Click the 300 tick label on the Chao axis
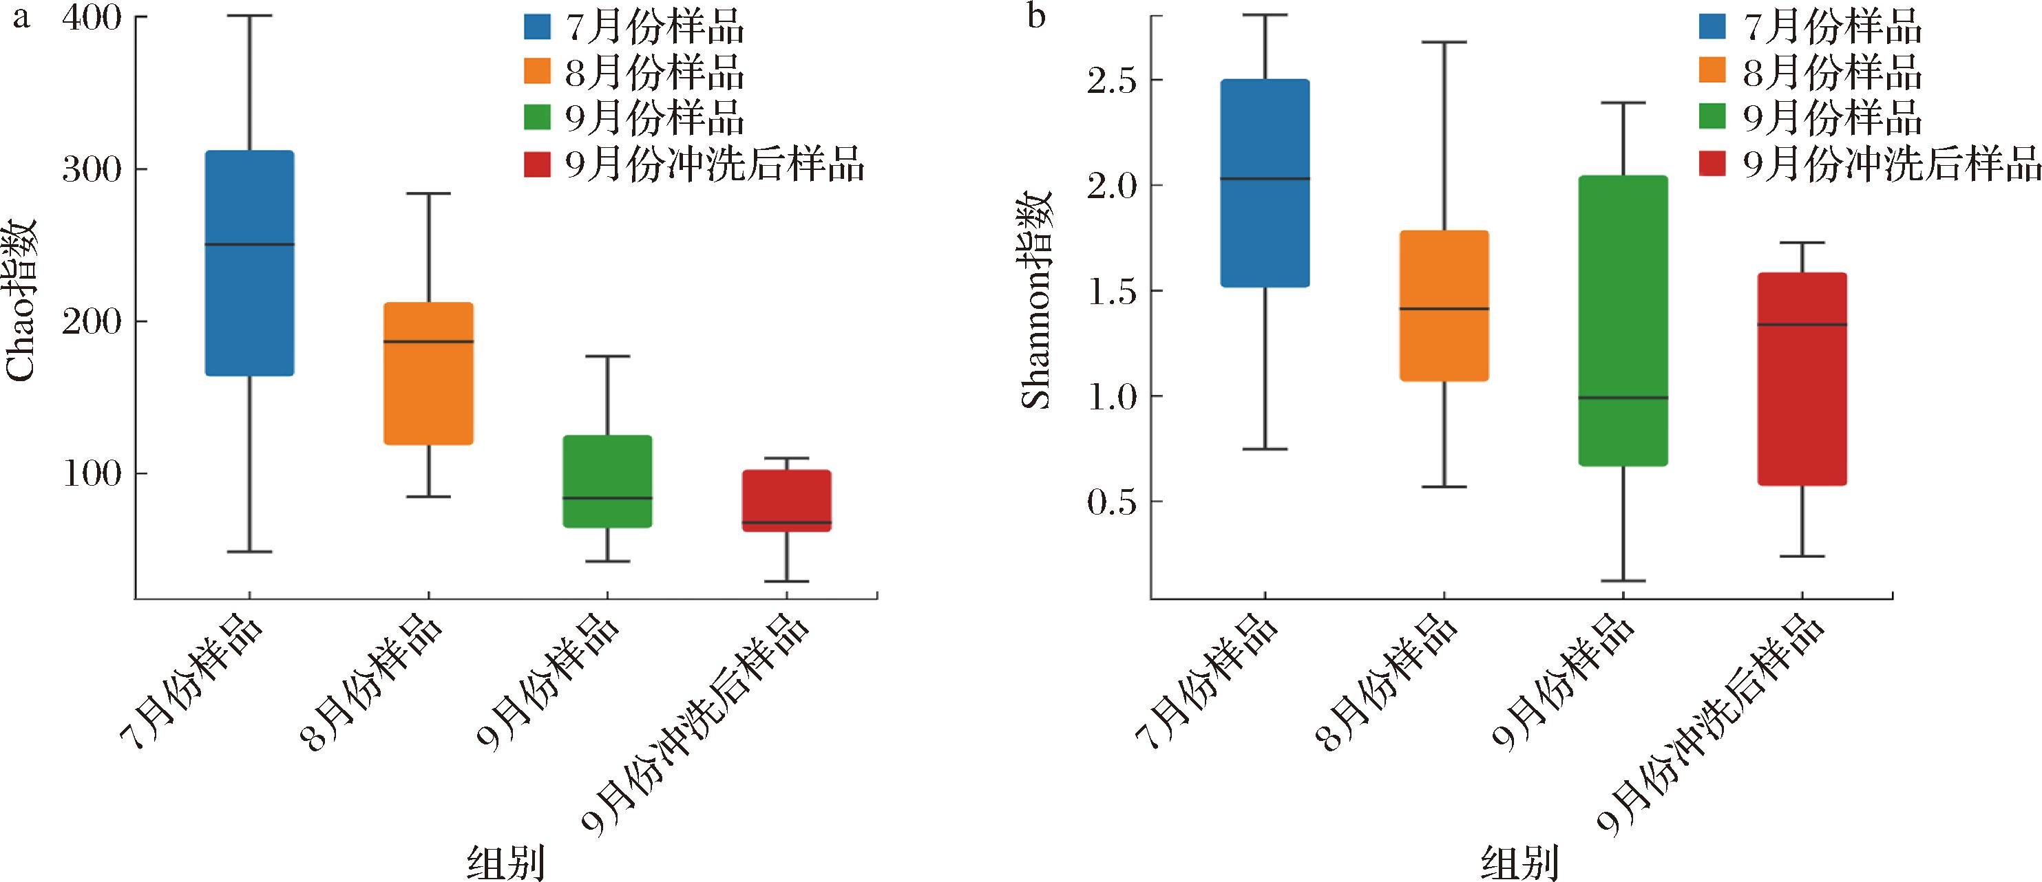click(x=92, y=169)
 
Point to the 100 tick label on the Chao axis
click(x=92, y=474)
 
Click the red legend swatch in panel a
click(x=536, y=165)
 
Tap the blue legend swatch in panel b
click(x=1713, y=26)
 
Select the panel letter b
click(x=1036, y=16)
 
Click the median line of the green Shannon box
click(x=1624, y=398)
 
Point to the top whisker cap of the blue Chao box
click(x=250, y=16)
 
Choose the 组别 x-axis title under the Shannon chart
click(x=1519, y=863)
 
